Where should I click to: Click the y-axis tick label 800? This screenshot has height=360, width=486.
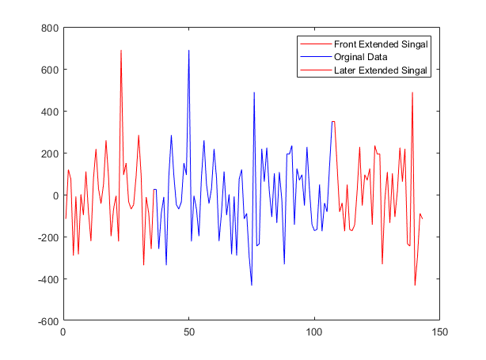[x=49, y=28]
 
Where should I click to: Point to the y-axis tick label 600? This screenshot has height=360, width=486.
[x=49, y=70]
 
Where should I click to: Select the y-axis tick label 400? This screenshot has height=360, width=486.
[x=49, y=112]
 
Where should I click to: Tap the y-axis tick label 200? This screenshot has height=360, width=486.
[x=49, y=153]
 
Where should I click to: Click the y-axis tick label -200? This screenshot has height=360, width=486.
[x=47, y=237]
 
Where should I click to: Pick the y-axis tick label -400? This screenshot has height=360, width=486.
[x=47, y=279]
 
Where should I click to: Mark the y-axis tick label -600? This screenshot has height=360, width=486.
[x=47, y=321]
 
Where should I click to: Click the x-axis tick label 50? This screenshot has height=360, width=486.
[x=188, y=334]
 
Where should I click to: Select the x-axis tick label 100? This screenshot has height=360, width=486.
[x=314, y=334]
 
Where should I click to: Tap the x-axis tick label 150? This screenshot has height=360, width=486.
[x=440, y=334]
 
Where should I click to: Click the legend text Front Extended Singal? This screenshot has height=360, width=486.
[x=382, y=44]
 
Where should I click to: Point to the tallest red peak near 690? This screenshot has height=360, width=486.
[x=121, y=51]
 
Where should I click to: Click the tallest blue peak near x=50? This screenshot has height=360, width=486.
[x=188, y=51]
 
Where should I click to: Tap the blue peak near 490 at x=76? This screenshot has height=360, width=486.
[x=254, y=93]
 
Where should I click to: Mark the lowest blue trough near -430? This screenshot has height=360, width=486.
[x=252, y=285]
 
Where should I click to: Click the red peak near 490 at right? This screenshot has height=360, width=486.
[x=412, y=93]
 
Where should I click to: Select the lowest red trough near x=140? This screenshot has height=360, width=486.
[x=415, y=285]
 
